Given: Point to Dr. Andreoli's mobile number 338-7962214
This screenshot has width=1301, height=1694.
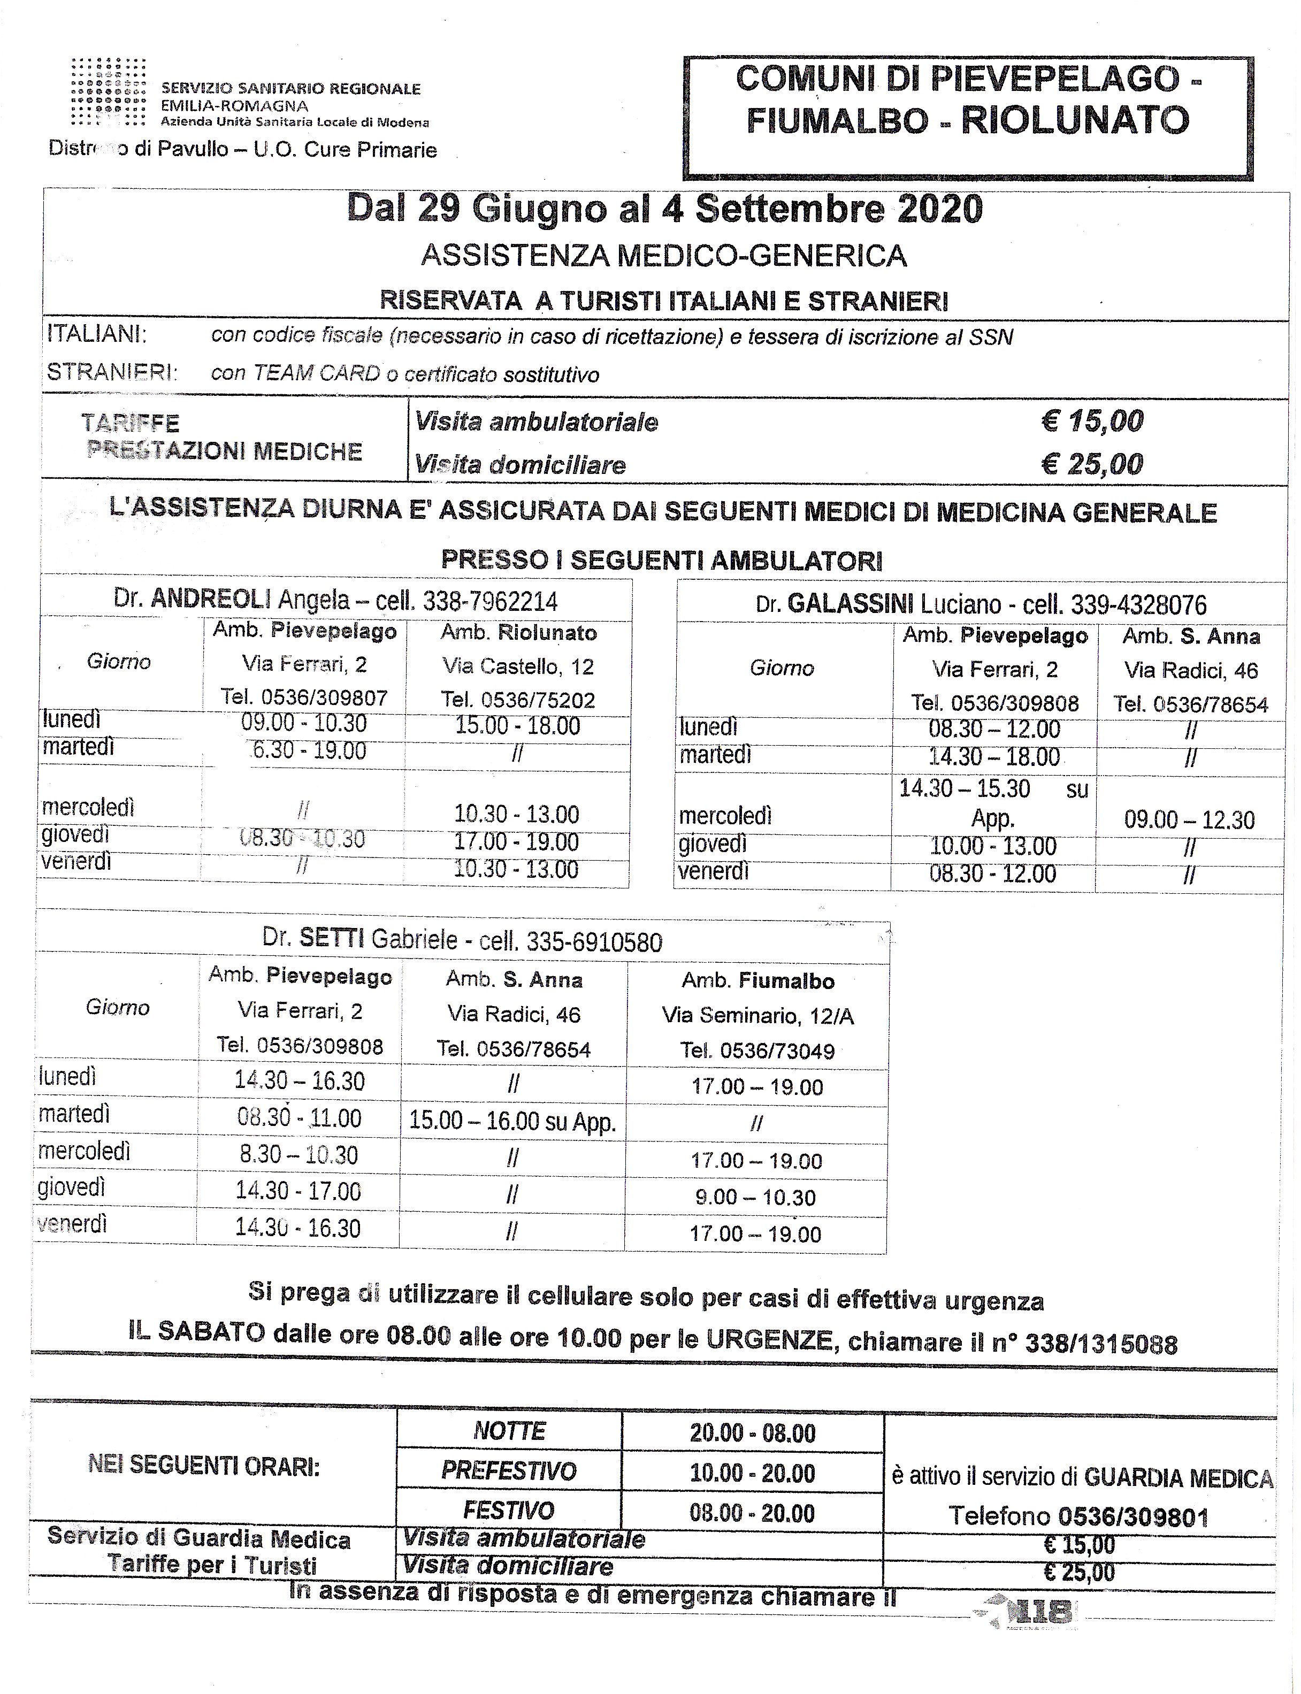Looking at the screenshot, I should (x=489, y=602).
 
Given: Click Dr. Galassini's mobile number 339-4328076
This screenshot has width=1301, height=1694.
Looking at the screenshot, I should (x=1138, y=605).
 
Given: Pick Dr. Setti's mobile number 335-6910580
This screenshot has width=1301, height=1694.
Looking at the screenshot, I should (x=594, y=942).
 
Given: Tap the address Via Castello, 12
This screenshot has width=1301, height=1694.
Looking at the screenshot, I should (x=518, y=666).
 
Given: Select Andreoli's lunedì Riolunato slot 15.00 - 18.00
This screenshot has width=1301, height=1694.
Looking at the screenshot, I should (x=518, y=726).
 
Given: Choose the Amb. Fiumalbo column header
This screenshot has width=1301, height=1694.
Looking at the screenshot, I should (x=757, y=981).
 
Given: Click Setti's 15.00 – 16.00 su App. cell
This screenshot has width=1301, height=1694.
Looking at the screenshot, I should (x=512, y=1122).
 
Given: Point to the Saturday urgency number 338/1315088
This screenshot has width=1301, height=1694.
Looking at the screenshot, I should (x=1101, y=1344).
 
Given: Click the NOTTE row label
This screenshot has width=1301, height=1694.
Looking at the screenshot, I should (x=510, y=1431).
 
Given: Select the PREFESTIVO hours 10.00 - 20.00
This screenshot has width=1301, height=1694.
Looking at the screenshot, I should (x=752, y=1473).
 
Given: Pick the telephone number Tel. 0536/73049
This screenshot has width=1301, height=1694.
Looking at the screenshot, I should (x=757, y=1051).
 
